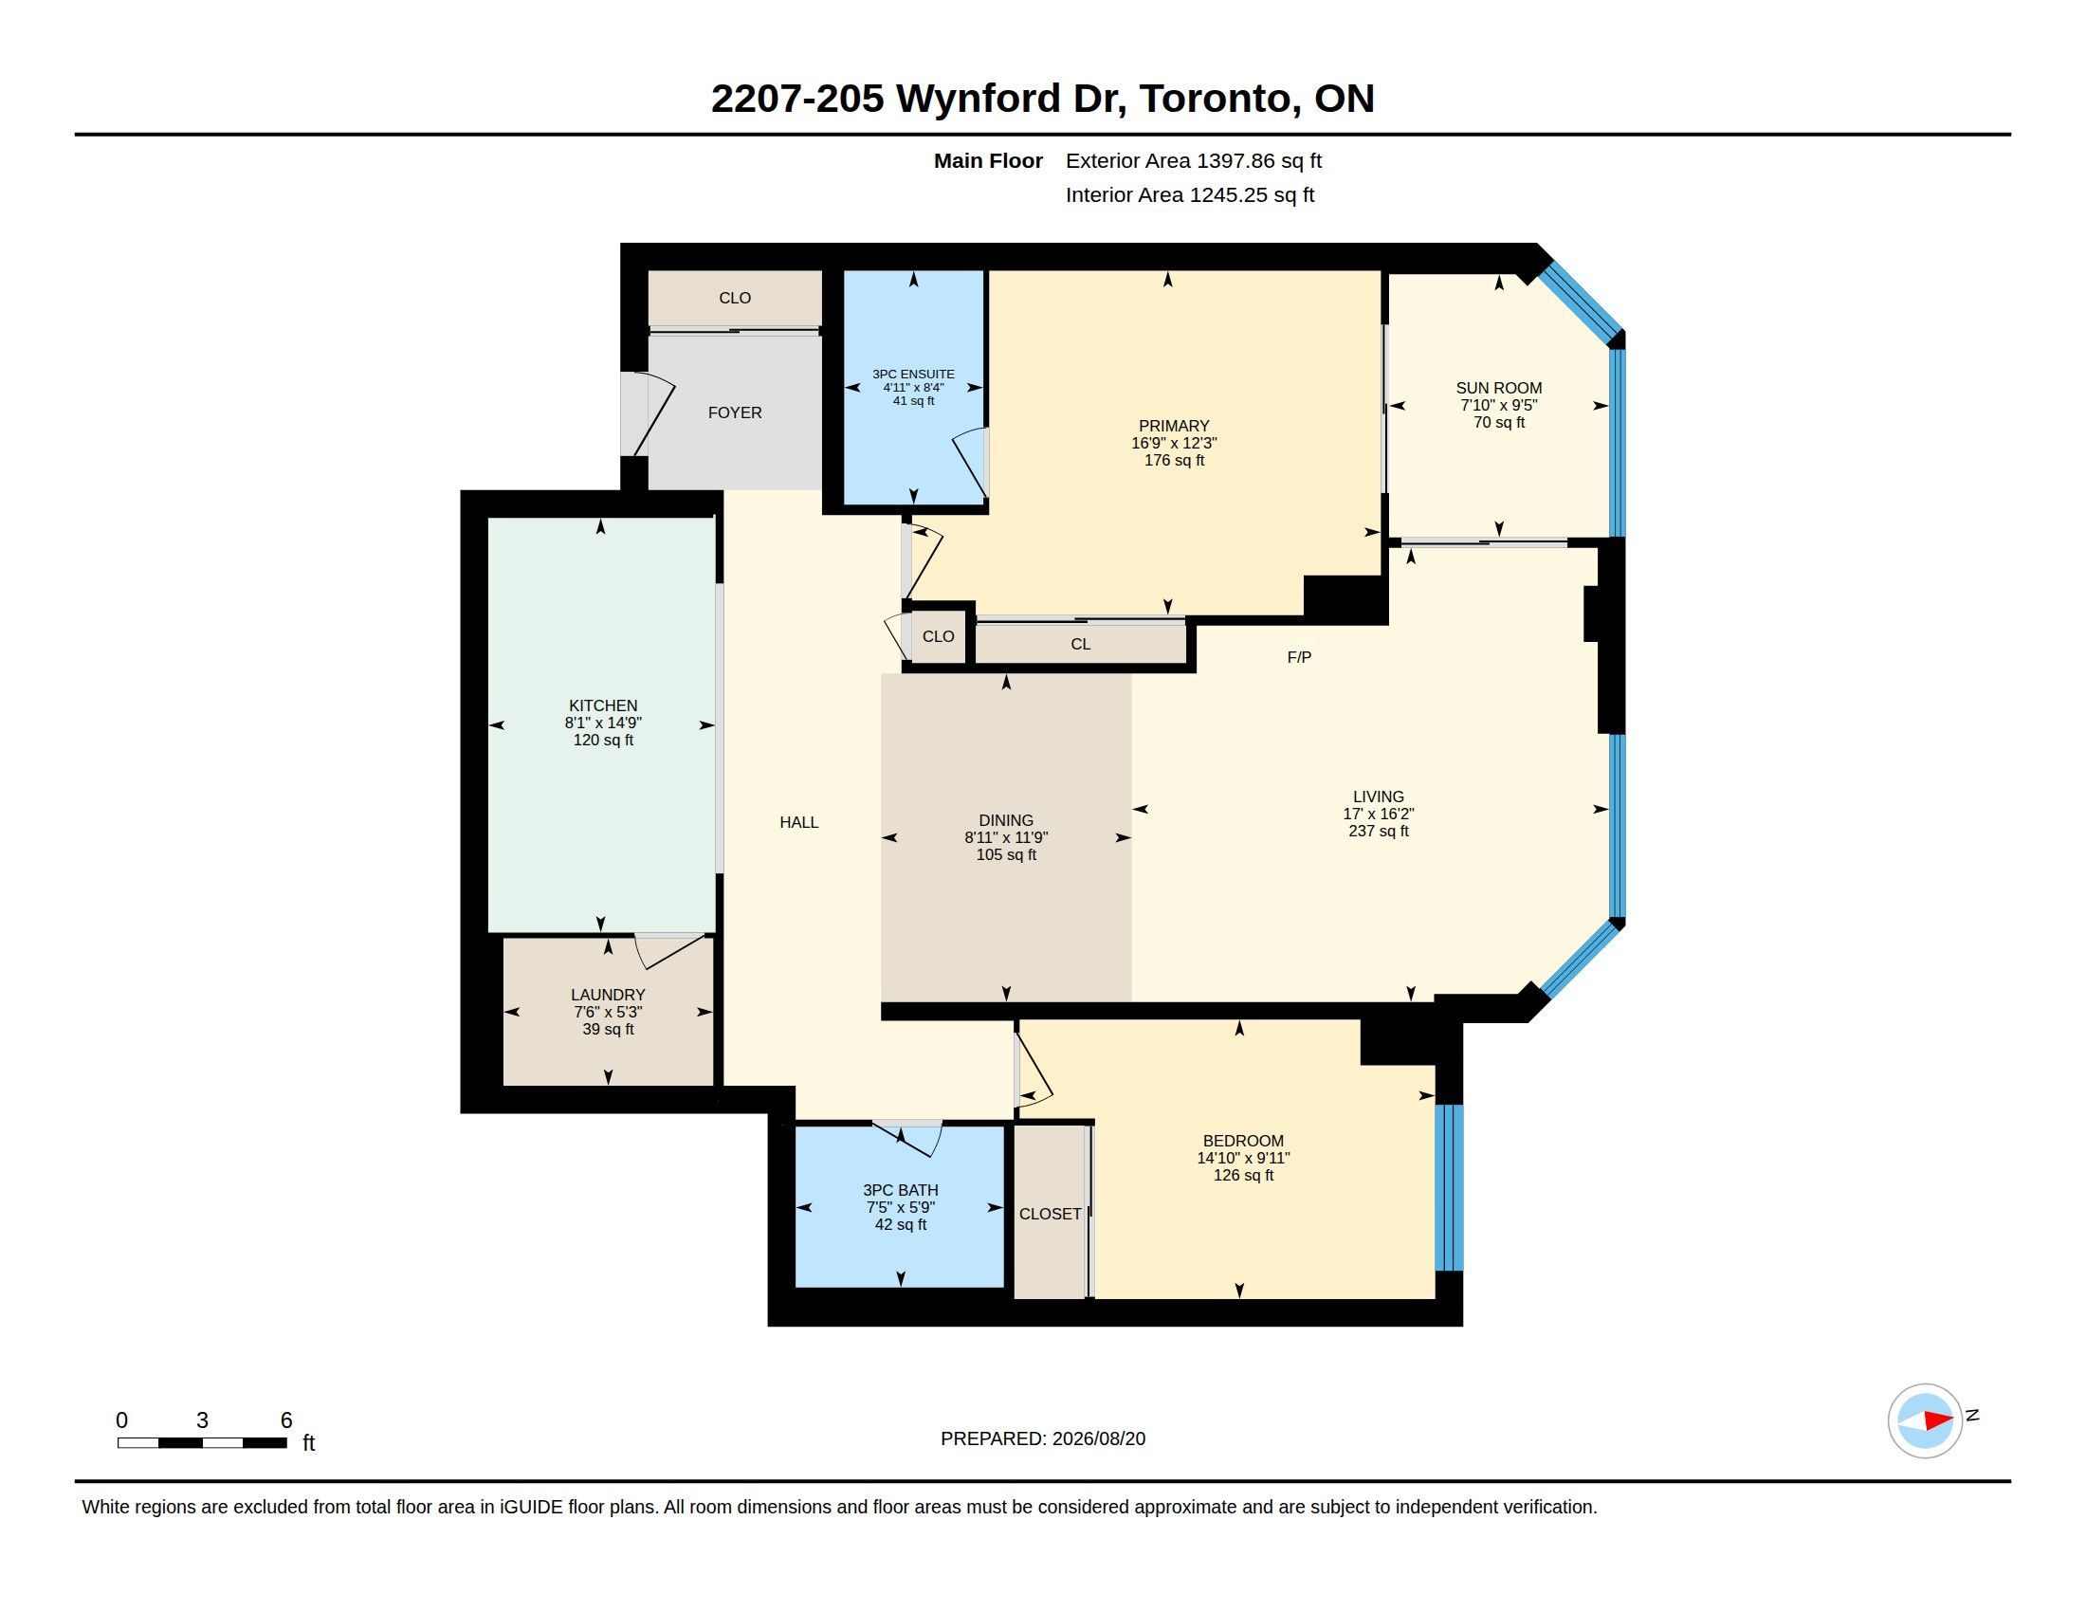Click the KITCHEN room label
coord(603,705)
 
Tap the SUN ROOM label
coord(1498,388)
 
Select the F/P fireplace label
coord(1299,657)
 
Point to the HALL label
coord(798,822)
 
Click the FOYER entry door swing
coord(653,416)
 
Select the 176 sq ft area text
coord(1174,460)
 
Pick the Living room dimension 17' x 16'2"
coord(1379,814)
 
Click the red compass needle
coord(1938,1420)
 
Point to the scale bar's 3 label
coord(203,1420)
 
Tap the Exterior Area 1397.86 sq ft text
coord(1194,161)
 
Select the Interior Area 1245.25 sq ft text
coord(1190,194)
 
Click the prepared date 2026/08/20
coord(1098,1438)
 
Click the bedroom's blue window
coord(1449,1187)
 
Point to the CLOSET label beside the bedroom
coord(1050,1214)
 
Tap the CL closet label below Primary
coord(1080,645)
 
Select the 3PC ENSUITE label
coord(913,375)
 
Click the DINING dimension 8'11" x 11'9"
coord(1006,837)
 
